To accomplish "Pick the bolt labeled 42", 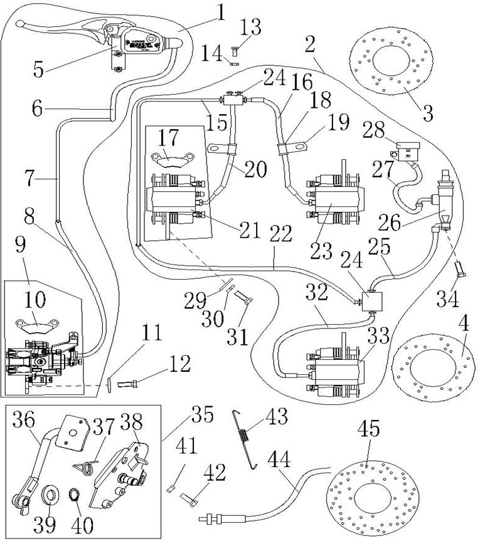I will point(191,500).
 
